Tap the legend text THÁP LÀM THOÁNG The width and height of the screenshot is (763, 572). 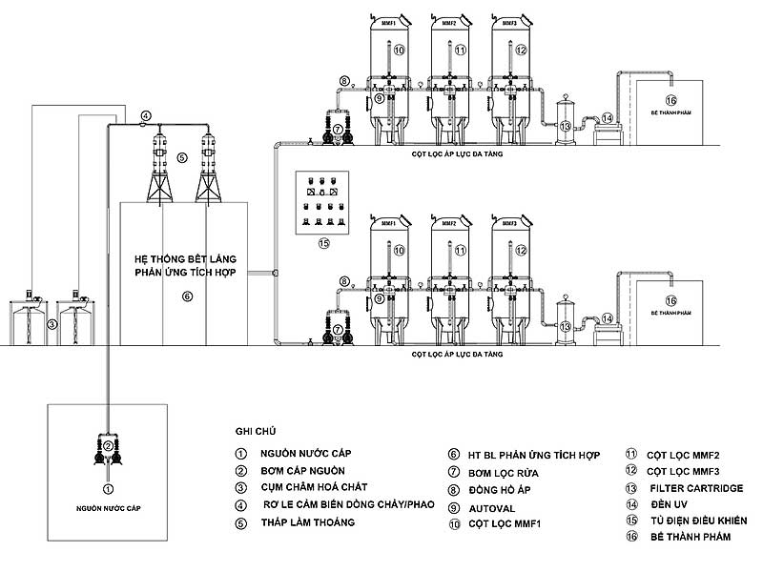308,522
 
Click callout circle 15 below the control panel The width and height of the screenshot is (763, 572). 323,243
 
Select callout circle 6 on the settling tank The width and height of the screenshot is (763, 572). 187,296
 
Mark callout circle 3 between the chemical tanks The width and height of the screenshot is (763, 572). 53,324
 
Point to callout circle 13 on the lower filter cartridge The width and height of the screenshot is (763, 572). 565,327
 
